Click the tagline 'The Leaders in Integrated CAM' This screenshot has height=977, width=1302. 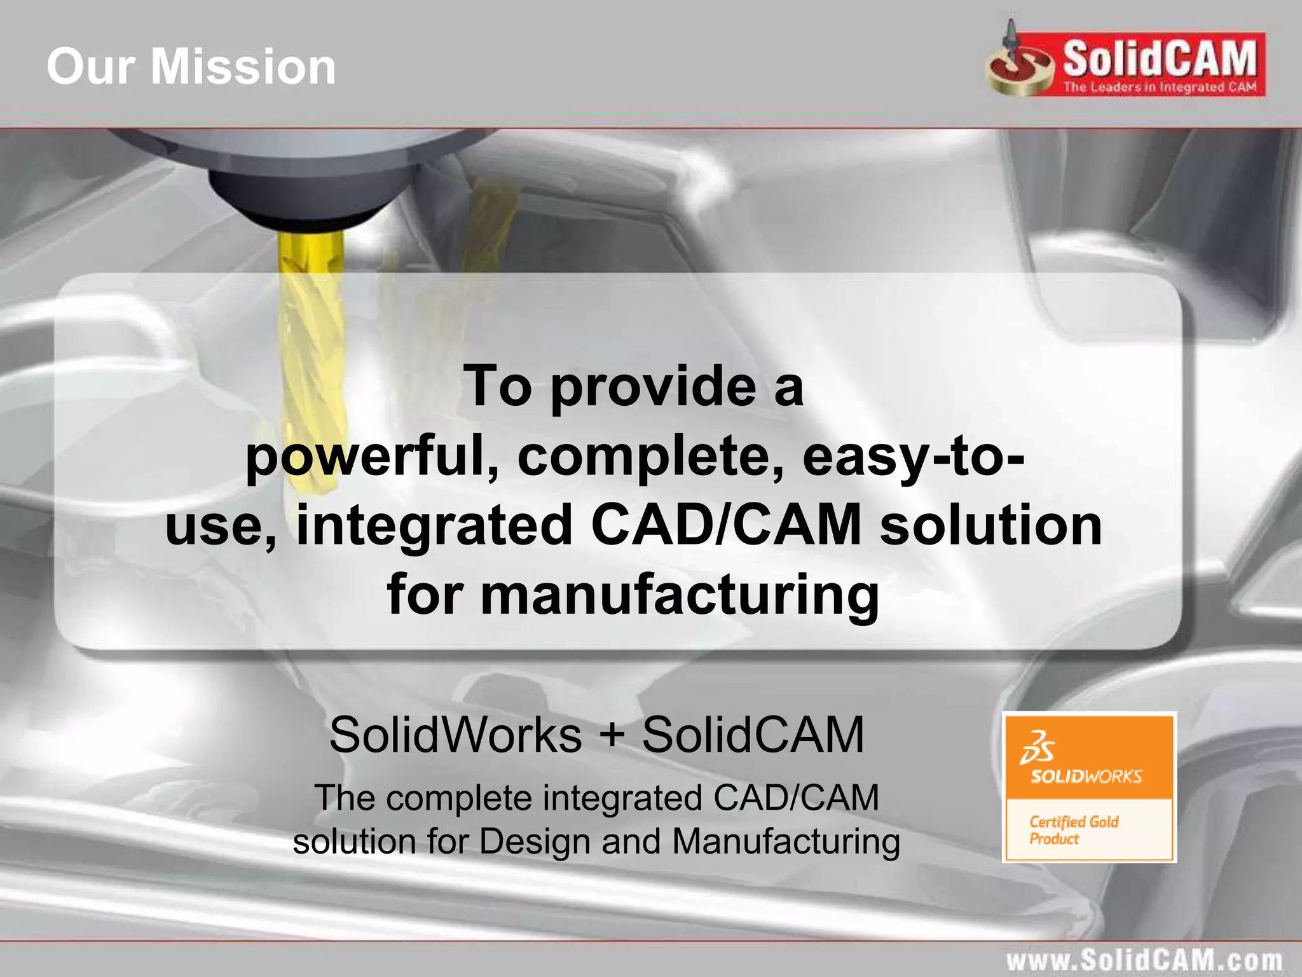1160,88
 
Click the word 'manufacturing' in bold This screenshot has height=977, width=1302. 680,595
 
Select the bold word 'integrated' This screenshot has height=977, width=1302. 435,525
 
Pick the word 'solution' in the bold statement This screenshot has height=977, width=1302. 990,525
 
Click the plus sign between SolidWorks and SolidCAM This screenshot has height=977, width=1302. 612,735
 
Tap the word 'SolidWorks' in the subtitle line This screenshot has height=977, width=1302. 455,735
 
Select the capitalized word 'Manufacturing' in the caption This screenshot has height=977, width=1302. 786,841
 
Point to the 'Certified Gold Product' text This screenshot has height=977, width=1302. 1074,830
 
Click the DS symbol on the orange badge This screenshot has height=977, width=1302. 1037,747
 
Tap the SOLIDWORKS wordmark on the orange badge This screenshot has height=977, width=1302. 1086,776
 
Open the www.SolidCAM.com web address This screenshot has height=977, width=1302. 1144,960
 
